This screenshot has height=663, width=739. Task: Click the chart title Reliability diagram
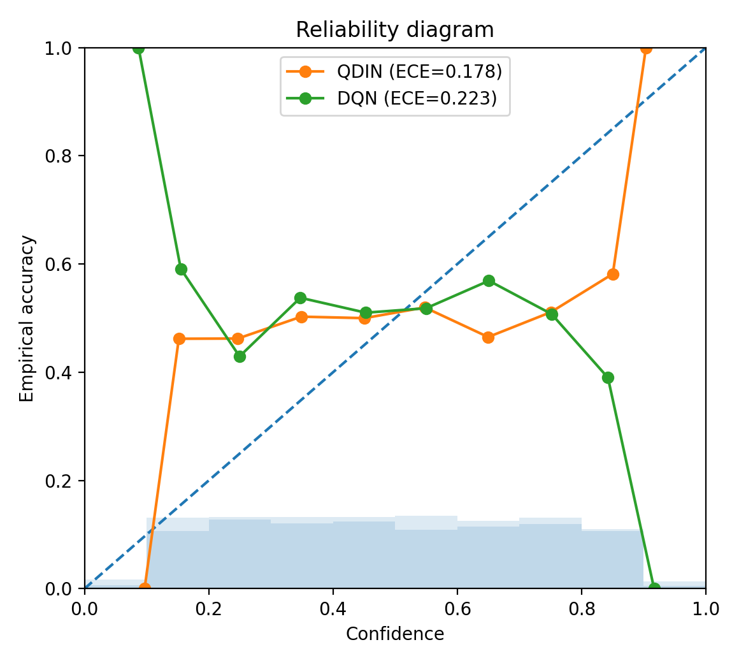click(394, 30)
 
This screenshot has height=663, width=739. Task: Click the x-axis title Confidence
click(394, 634)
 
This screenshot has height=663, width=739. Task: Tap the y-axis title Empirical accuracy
click(27, 318)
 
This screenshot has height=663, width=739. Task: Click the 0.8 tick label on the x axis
click(581, 609)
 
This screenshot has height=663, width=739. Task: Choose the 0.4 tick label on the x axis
click(333, 609)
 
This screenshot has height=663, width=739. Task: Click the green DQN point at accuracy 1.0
click(138, 48)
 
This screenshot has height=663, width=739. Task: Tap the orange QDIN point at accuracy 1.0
click(646, 48)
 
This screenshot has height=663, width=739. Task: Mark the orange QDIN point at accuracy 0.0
click(145, 588)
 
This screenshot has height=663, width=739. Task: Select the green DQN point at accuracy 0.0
click(654, 588)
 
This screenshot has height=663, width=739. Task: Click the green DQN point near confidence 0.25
click(240, 356)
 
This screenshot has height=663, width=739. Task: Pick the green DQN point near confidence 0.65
click(488, 280)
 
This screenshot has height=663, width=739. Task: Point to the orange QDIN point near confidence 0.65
click(488, 337)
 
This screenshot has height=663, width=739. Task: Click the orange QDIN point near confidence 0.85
click(613, 274)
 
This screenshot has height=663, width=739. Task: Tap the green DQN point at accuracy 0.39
click(608, 377)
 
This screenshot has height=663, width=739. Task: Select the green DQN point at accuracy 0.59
click(181, 269)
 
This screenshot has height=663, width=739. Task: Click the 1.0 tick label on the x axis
click(705, 609)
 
